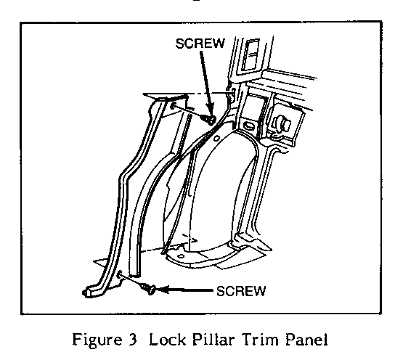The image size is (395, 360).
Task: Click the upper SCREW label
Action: tap(200, 44)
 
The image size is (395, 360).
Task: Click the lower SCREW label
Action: tap(241, 291)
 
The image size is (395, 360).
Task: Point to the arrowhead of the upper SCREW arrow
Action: tap(210, 111)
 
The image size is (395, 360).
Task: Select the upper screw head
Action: tap(211, 120)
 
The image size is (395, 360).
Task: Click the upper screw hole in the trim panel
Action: tap(174, 106)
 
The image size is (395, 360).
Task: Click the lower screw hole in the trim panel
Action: tap(120, 274)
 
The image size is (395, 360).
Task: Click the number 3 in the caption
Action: tap(131, 340)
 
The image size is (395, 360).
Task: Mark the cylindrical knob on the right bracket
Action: tap(282, 124)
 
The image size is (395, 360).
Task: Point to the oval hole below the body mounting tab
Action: tap(248, 126)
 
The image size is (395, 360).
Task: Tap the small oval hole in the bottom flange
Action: tap(181, 256)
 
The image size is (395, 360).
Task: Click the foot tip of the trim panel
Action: tap(85, 292)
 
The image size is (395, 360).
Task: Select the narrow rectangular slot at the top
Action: tap(250, 55)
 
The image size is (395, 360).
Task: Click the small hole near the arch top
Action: tap(216, 138)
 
